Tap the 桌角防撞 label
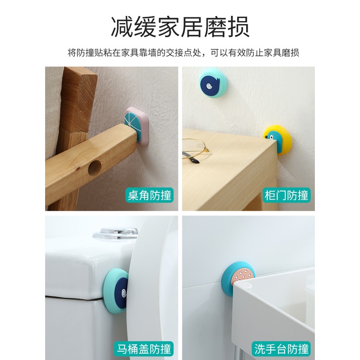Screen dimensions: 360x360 (x=149, y=195)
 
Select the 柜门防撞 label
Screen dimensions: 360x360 (x=287, y=195)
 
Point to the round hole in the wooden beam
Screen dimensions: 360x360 (x=94, y=168)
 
